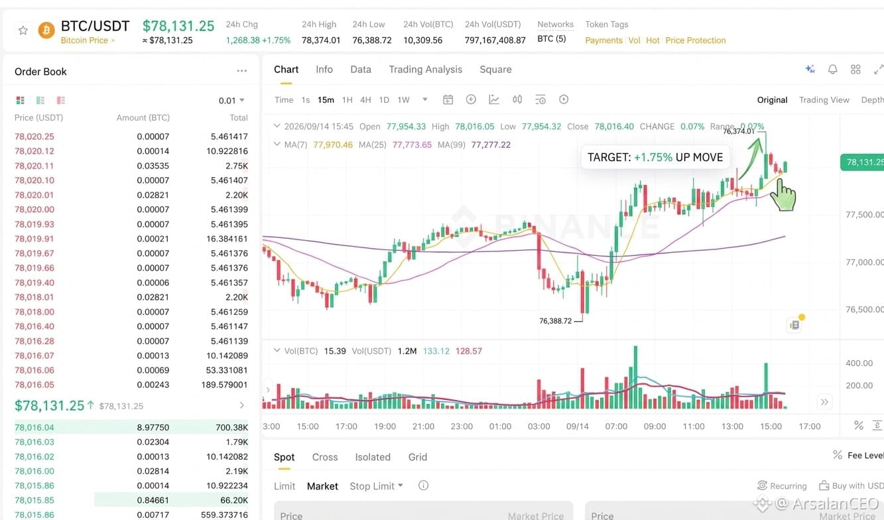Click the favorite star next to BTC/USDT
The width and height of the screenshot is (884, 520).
pos(23,31)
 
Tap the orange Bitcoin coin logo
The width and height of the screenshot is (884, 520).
pos(46,31)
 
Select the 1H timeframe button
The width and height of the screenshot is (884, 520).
pos(347,100)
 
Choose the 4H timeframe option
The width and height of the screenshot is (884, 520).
pos(365,100)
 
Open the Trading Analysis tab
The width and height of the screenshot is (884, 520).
pos(426,70)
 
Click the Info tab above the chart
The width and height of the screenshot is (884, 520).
pos(324,70)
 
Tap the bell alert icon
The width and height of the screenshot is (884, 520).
pos(832,70)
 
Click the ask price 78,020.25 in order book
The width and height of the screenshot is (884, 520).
pos(34,137)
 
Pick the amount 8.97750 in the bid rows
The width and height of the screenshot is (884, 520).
pos(153,427)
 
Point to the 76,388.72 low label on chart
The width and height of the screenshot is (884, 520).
pos(555,321)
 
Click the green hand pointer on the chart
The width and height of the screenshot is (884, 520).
pos(783,194)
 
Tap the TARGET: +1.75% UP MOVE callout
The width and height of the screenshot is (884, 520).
pos(655,157)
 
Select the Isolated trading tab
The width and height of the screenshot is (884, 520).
pos(373,457)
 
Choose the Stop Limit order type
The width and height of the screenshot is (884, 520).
pos(376,486)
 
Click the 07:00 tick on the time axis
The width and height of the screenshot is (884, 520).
pos(616,426)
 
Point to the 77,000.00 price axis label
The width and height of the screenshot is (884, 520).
pos(864,262)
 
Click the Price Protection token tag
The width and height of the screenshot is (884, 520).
pos(696,40)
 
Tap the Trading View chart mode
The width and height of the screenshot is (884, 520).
pos(824,100)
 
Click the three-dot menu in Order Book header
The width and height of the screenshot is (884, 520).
pos(241,71)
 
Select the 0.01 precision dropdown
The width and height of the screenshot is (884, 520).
pos(231,101)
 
